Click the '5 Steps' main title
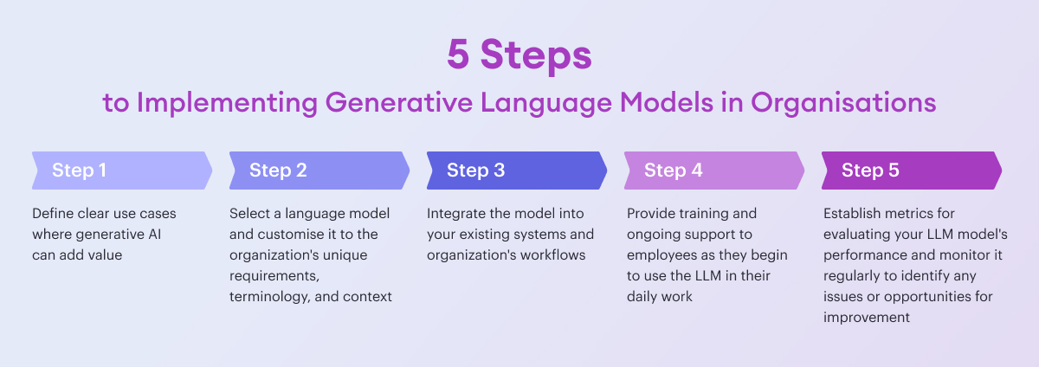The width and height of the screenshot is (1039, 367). pos(519,55)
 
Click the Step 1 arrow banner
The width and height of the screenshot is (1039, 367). pos(121,171)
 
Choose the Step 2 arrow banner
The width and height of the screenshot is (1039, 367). pos(319,171)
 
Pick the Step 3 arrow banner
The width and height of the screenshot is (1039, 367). pos(516,171)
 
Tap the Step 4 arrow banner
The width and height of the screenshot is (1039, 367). pos(713,171)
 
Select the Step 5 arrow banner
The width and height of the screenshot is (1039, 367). pos(911,171)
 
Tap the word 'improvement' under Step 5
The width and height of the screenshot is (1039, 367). pos(866,318)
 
